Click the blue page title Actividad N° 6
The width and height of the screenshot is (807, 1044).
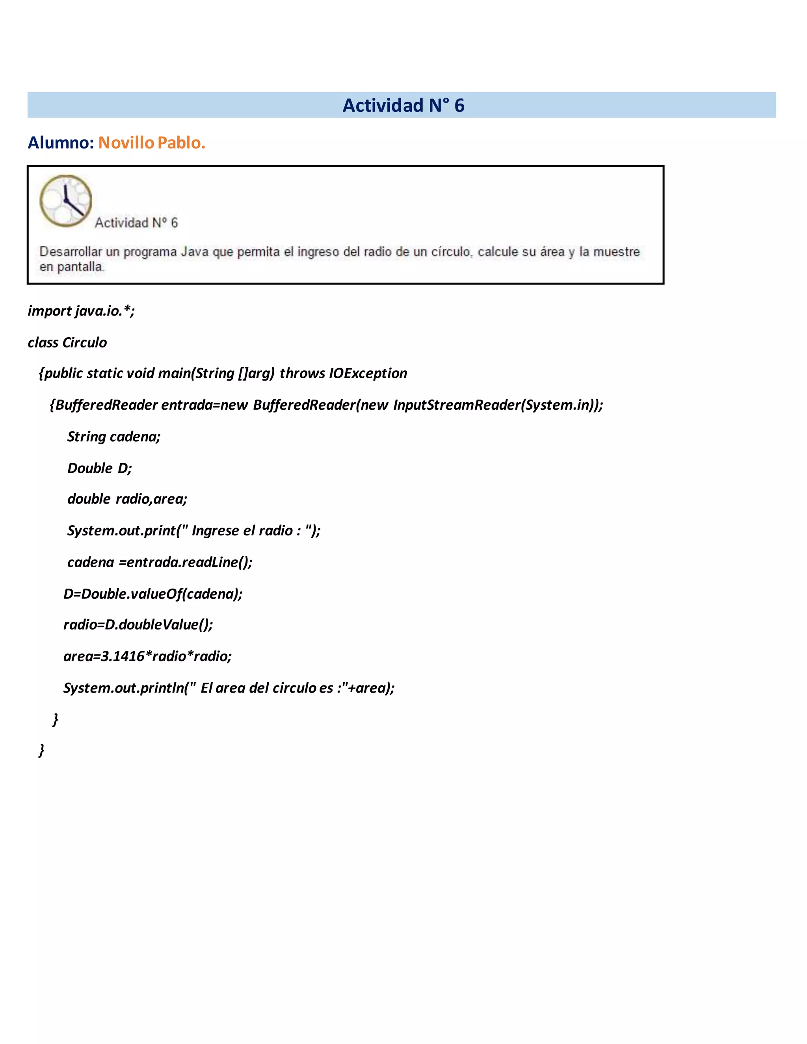403,105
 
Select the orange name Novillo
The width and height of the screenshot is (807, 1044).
126,143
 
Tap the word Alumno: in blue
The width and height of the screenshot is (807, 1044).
61,143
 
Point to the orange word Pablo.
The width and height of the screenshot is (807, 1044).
181,143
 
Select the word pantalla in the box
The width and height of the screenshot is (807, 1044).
80,267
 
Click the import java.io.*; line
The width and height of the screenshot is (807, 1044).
81,311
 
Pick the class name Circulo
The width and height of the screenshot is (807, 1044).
85,342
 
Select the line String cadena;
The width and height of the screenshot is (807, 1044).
114,437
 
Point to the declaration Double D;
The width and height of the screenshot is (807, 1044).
99,468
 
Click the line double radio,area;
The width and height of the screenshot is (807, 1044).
127,499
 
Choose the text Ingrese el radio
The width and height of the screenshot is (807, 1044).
242,531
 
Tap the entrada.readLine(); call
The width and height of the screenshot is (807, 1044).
189,562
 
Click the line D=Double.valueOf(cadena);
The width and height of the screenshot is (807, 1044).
153,594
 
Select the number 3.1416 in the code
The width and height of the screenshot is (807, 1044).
123,656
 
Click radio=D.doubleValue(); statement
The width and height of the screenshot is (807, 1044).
138,625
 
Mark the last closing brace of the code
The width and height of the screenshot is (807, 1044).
42,750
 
